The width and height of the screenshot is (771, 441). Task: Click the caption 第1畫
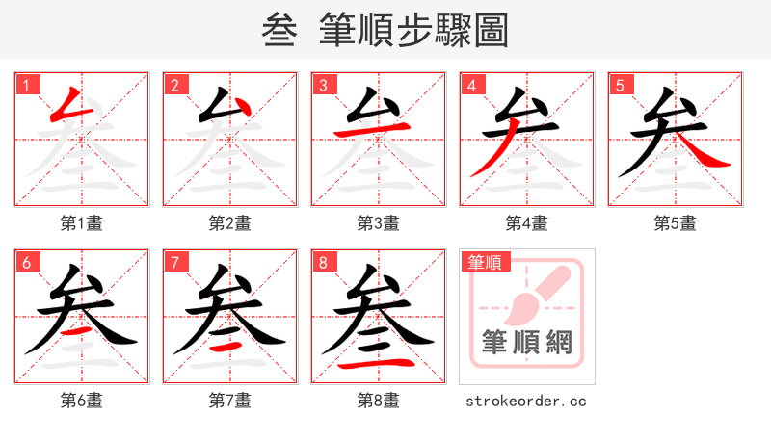pyautogui.click(x=82, y=223)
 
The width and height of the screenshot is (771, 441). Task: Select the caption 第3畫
pyautogui.click(x=379, y=223)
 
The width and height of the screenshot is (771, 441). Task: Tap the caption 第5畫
pyautogui.click(x=676, y=223)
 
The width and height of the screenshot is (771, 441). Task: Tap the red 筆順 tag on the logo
pyautogui.click(x=485, y=262)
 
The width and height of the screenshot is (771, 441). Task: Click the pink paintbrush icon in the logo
pyautogui.click(x=536, y=293)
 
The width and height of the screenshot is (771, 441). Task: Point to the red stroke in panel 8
pyautogui.click(x=379, y=365)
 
